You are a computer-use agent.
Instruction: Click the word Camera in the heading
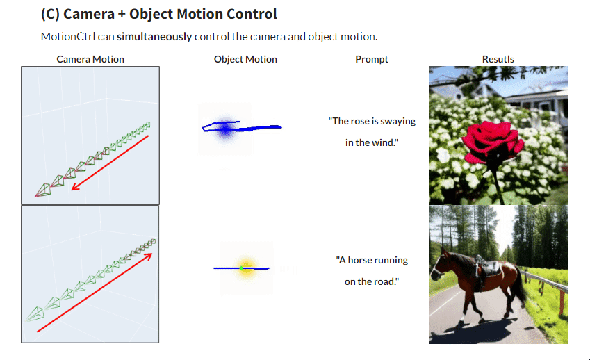point(89,14)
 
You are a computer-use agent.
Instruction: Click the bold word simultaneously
point(154,37)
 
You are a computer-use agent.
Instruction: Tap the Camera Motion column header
point(90,59)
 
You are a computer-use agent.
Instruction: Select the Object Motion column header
point(245,59)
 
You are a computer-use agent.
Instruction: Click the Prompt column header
point(372,60)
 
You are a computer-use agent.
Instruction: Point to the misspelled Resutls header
point(498,59)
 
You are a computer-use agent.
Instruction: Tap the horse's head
point(440,265)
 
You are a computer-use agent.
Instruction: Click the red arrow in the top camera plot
point(110,163)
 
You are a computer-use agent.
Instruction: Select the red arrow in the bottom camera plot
point(95,293)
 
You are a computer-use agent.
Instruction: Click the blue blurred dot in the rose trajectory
point(225,129)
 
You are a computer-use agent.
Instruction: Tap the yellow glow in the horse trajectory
point(246,268)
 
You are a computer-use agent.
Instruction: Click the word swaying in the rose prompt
point(398,122)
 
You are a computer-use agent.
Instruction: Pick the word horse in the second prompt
point(360,260)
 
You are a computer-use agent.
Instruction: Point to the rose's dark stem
point(498,181)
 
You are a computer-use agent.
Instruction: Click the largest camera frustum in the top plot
point(43,190)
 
